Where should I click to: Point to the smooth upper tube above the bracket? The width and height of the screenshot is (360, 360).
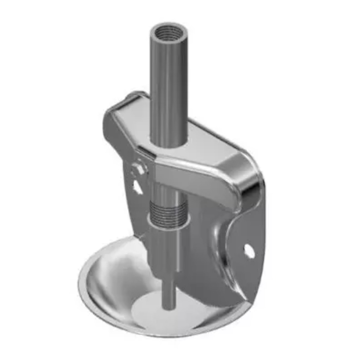click(168, 88)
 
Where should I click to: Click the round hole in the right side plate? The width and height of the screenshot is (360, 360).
click(249, 250)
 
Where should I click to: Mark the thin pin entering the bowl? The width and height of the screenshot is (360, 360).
click(169, 288)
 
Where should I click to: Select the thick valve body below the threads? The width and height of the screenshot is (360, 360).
click(165, 250)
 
